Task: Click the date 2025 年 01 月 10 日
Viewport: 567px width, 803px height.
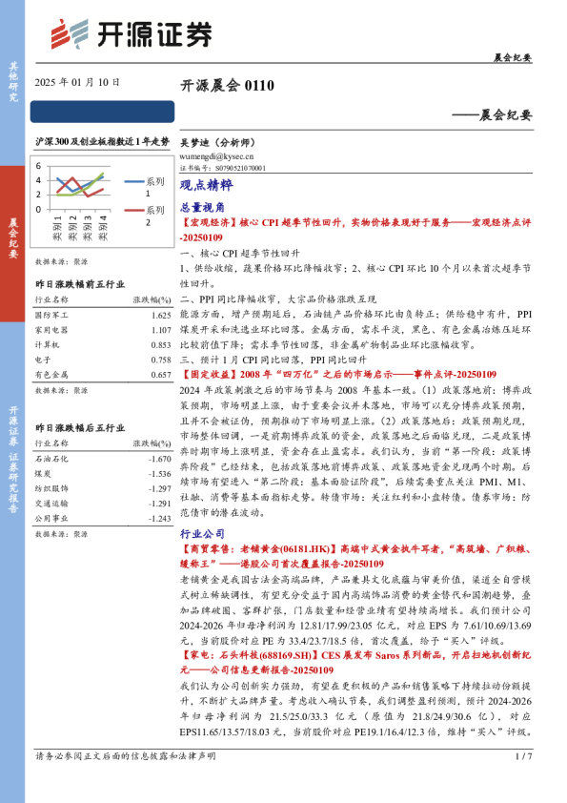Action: point(77,83)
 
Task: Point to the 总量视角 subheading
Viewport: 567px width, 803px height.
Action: point(203,206)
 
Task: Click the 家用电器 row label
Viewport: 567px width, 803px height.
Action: point(51,330)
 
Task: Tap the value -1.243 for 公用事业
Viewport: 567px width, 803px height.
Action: point(158,517)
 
